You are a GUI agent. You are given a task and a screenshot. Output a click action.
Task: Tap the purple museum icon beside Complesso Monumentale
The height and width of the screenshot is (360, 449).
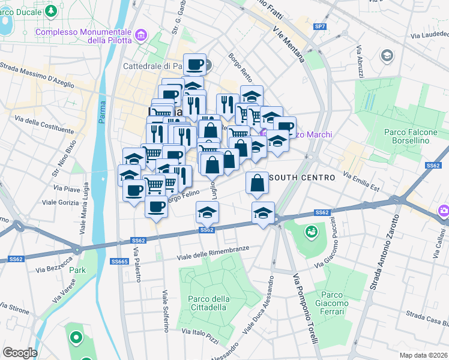[x=141, y=36]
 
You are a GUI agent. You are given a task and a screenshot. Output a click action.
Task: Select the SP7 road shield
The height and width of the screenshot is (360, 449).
[x=321, y=27]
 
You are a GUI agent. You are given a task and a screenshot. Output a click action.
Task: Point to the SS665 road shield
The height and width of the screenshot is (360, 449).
[x=119, y=262]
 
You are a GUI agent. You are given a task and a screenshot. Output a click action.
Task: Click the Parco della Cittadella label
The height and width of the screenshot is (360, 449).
[x=208, y=303]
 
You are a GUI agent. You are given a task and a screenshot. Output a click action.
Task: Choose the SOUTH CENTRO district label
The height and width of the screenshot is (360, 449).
[x=302, y=178]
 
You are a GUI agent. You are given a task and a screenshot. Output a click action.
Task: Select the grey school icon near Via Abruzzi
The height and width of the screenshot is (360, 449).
[x=387, y=56]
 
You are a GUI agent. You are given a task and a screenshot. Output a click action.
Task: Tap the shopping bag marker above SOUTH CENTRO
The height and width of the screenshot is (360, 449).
[x=257, y=184]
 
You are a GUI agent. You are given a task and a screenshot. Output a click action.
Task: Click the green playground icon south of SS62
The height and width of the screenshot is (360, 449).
[x=311, y=231]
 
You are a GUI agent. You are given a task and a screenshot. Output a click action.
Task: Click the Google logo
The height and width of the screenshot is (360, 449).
[x=20, y=353]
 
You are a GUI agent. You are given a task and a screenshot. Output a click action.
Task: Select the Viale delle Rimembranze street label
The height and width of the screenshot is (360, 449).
[x=212, y=253]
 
